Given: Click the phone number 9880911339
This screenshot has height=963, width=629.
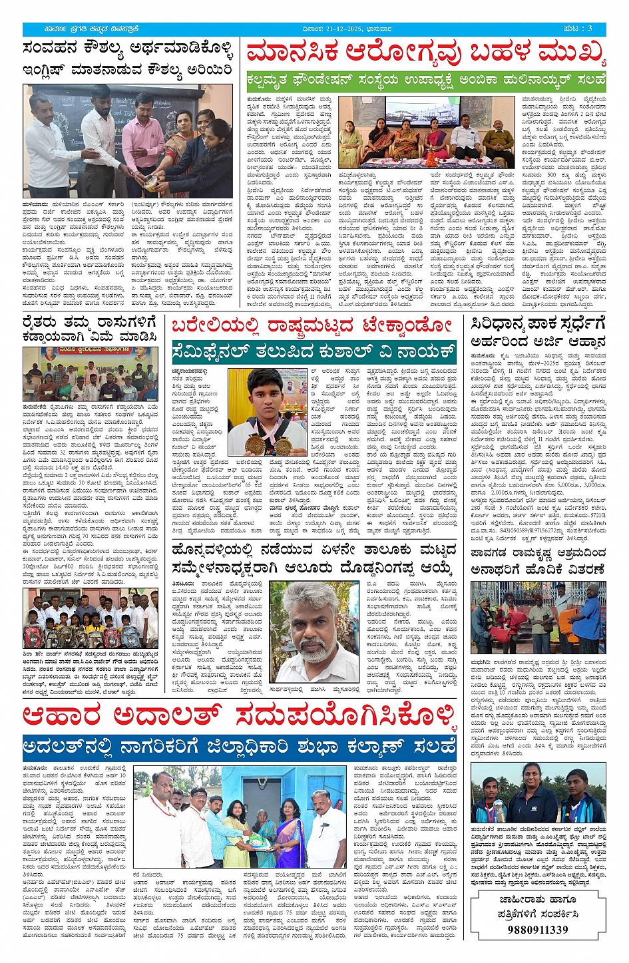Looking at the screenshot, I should click(x=537, y=929).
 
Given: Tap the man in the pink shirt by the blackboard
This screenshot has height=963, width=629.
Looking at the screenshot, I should click(x=142, y=140).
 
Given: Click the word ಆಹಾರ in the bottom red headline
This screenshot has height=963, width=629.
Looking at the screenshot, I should click(x=63, y=717).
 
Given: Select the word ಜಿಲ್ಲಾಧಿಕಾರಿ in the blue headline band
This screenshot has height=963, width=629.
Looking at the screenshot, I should click(x=293, y=746).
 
